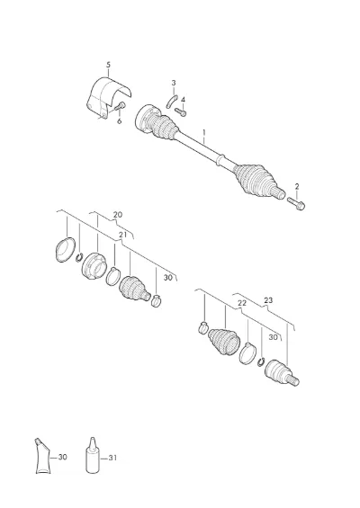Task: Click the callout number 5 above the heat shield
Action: pos(108,65)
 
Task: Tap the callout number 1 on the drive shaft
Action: pos(204,133)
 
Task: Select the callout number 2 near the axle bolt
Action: pos(297,187)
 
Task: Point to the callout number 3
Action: pos(174,83)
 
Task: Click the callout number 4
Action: pos(184,100)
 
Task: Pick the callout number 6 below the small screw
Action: pos(119,121)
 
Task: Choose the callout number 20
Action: pos(118,215)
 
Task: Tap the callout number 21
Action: pos(122,236)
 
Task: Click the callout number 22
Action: pos(242,303)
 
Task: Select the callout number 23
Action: pos(268,300)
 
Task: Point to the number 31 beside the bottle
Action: pos(112,458)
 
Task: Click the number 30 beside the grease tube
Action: pos(62,457)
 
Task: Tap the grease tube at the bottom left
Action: pos(41,456)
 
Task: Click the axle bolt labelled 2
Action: pos(296,203)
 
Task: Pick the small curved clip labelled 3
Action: pos(172,101)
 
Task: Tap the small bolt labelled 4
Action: pos(181,111)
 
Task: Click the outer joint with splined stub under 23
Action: pos(282,373)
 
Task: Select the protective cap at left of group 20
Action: pos(66,250)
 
